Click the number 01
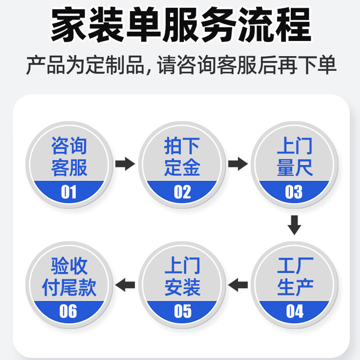point(69,192)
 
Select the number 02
point(182,192)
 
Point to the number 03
point(294,192)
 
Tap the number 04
point(294,311)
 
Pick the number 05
point(182,311)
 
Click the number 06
point(69,311)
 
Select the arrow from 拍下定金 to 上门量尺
point(238,163)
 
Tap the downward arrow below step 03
point(294,225)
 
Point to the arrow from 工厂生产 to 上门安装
point(238,284)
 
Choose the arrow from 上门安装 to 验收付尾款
point(125,284)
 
